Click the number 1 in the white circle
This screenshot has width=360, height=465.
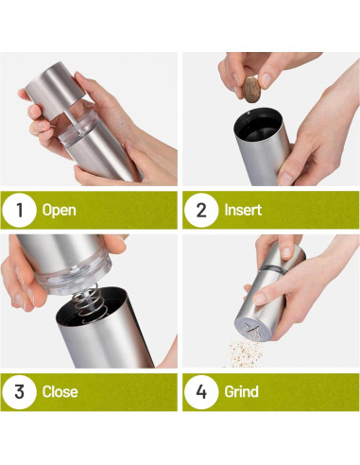(20, 210)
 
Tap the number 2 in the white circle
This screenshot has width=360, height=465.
(201, 210)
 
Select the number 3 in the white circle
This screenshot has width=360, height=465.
(19, 392)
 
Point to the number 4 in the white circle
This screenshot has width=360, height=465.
(201, 392)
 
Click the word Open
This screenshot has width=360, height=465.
(60, 211)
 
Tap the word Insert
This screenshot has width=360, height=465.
(243, 210)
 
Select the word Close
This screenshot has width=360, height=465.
(60, 392)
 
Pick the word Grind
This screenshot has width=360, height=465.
(241, 392)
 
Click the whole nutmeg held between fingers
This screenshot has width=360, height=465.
(251, 90)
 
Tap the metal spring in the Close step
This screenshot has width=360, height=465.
(89, 303)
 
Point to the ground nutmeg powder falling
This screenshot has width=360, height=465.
(244, 353)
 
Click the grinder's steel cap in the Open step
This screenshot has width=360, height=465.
(55, 90)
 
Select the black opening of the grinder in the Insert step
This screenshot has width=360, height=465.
(258, 125)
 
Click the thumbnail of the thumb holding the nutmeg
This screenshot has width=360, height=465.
(266, 80)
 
